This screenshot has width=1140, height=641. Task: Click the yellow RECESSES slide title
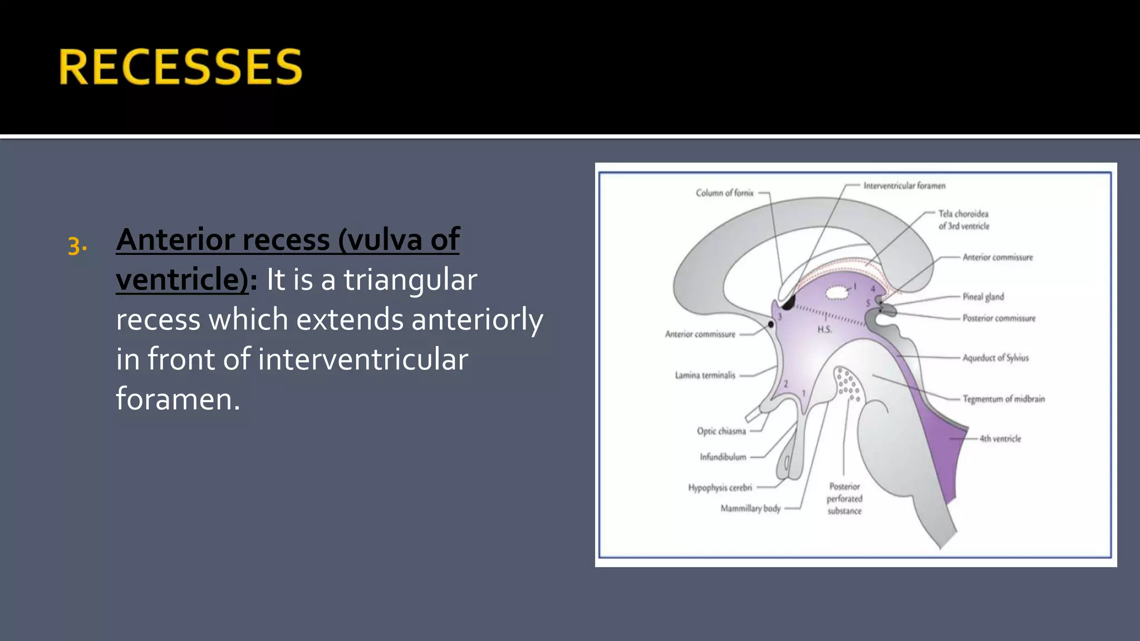tap(180, 67)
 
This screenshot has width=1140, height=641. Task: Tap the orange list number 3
tap(76, 246)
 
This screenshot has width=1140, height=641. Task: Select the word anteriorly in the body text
tap(476, 319)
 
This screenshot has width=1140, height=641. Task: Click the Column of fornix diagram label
tap(724, 193)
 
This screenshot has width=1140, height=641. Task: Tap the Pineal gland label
tap(983, 297)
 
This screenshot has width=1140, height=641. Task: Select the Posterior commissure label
tap(999, 318)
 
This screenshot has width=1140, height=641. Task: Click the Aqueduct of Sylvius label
tap(995, 358)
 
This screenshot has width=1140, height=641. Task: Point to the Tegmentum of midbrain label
tap(1004, 399)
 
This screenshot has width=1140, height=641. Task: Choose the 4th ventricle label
tap(1000, 438)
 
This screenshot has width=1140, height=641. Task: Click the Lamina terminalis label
tap(705, 376)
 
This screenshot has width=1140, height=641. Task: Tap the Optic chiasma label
tap(721, 431)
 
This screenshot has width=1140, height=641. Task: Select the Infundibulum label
tap(723, 457)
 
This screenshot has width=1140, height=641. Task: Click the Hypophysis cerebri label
tap(720, 488)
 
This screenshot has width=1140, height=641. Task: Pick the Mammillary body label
tap(750, 509)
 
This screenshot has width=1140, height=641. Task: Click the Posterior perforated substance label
tap(844, 499)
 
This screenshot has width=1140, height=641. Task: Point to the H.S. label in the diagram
tap(824, 330)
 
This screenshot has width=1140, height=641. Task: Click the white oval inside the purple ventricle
tap(836, 293)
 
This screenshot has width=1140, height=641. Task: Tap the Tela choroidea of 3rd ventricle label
tap(964, 220)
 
